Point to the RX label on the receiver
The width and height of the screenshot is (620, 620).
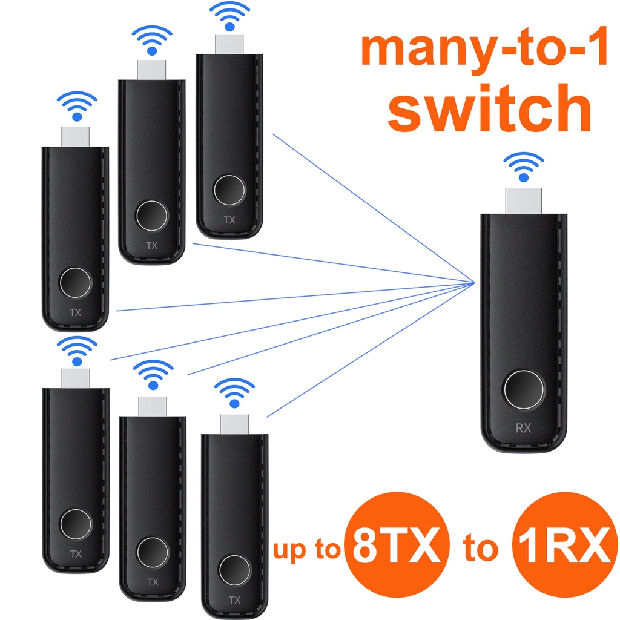pos(524,429)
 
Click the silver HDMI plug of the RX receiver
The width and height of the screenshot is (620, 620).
pos(524,200)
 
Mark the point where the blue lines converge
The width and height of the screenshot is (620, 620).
pos(474,282)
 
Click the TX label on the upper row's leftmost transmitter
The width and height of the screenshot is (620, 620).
pos(76,313)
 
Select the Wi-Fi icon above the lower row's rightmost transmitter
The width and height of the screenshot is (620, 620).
pos(234,393)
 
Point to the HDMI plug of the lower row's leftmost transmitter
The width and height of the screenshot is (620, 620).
pos(76,378)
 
